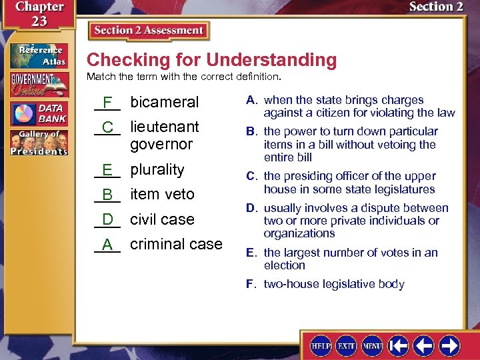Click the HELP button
coord(321,345)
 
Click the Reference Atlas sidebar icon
coord(38,55)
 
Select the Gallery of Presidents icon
coord(38,142)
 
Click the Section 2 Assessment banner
coord(148,31)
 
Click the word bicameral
coord(165,102)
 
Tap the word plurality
coord(157,169)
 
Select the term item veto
coord(162,194)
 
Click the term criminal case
coord(176,244)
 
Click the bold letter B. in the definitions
coord(252,131)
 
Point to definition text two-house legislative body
coord(334,284)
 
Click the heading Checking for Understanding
coord(211,60)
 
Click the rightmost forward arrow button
coord(449,345)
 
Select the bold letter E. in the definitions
coord(251,253)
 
